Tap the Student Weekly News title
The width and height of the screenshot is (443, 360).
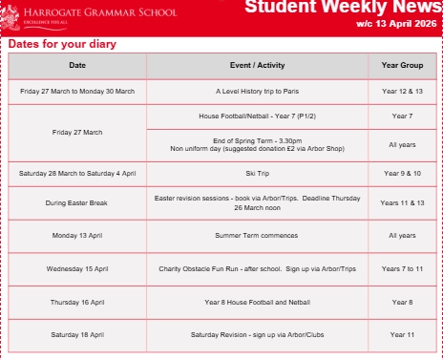pyautogui.click(x=342, y=9)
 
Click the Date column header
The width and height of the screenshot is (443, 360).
pyautogui.click(x=77, y=65)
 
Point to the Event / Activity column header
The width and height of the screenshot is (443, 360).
pyautogui.click(x=257, y=65)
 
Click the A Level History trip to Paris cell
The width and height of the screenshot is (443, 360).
pyautogui.click(x=257, y=90)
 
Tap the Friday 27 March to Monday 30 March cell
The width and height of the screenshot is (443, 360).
pyautogui.click(x=77, y=90)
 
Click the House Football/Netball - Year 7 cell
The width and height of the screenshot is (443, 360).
pyautogui.click(x=257, y=116)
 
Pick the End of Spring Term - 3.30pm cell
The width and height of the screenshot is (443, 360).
pyautogui.click(x=257, y=144)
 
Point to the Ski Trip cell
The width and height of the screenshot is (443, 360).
pyautogui.click(x=257, y=175)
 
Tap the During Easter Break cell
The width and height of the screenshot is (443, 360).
pyautogui.click(x=77, y=203)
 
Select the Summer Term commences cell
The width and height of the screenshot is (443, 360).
pyautogui.click(x=257, y=234)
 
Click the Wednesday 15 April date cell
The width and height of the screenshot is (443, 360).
pyautogui.click(x=77, y=268)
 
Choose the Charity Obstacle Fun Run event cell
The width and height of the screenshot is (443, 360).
pyautogui.click(x=257, y=268)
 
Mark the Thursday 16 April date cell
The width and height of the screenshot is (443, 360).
pyautogui.click(x=77, y=302)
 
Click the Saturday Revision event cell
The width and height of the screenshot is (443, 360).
pyautogui.click(x=257, y=335)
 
